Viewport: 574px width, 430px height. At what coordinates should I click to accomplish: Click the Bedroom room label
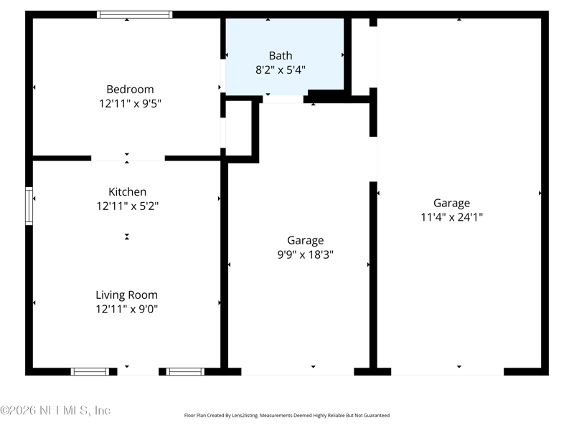tap(130, 90)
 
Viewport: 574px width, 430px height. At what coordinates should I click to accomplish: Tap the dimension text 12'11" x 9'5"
tap(130, 103)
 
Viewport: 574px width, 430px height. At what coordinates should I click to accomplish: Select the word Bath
tap(281, 55)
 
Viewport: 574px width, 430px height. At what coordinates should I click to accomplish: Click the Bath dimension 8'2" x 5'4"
tap(281, 70)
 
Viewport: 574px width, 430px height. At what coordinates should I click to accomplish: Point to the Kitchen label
tap(127, 191)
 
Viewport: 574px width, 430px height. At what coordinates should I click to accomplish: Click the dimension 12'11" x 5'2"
tap(127, 206)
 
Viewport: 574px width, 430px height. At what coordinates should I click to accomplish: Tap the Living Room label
tap(127, 295)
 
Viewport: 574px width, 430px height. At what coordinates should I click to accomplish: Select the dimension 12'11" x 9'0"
tap(127, 309)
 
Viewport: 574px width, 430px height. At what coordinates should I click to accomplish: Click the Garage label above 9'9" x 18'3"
tap(306, 240)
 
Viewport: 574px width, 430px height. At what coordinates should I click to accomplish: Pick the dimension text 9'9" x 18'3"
tap(306, 254)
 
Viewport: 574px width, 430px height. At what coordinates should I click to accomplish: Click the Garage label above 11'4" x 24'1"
tap(451, 203)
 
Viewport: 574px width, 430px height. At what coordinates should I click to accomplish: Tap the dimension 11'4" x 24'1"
tap(451, 217)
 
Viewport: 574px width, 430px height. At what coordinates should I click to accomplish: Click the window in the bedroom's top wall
tap(135, 14)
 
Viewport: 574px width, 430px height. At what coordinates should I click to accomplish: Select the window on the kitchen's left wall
tap(29, 206)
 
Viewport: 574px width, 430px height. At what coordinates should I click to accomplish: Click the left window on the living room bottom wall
tap(90, 371)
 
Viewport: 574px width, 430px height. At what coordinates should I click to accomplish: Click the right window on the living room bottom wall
tap(185, 371)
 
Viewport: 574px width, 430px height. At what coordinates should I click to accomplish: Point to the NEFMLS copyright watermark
tap(56, 411)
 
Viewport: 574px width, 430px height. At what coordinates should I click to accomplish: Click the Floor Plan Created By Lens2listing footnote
tap(286, 415)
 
